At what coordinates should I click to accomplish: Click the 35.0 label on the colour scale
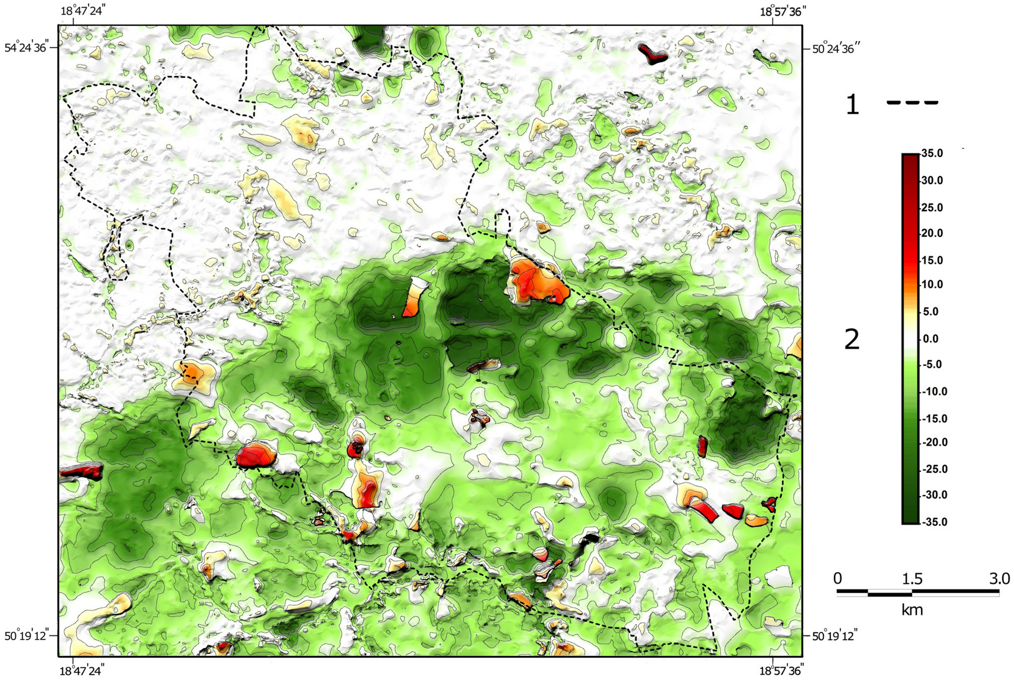pyautogui.click(x=932, y=154)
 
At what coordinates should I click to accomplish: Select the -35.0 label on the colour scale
pyautogui.click(x=933, y=522)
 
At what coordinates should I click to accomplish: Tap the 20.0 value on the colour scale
pyautogui.click(x=932, y=233)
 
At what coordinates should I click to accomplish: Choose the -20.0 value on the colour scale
pyautogui.click(x=933, y=442)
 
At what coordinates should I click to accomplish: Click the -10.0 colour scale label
pyautogui.click(x=933, y=392)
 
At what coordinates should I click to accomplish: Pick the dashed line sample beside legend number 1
pyautogui.click(x=912, y=103)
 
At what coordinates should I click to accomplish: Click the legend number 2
pyautogui.click(x=852, y=339)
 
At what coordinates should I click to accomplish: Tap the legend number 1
pyautogui.click(x=852, y=105)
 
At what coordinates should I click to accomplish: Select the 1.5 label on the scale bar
pyautogui.click(x=912, y=579)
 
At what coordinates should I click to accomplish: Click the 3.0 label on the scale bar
pyautogui.click(x=999, y=579)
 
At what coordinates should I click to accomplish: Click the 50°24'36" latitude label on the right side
pyautogui.click(x=836, y=49)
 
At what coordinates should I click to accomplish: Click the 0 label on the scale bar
pyautogui.click(x=838, y=579)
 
